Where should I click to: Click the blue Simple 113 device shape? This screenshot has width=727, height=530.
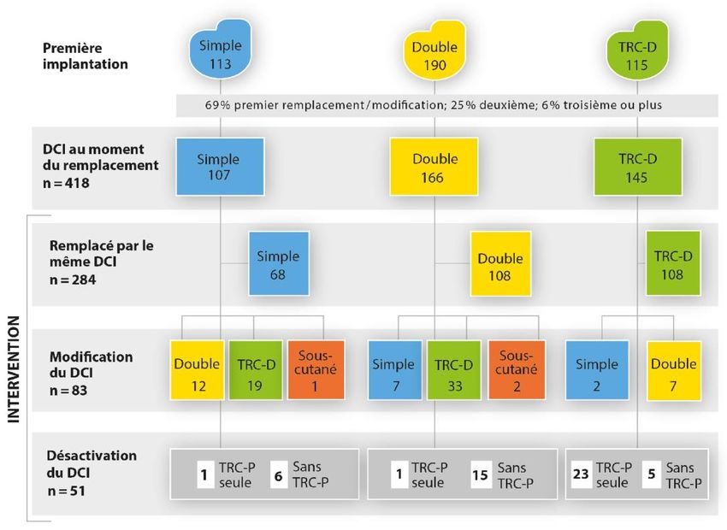[x=221, y=55]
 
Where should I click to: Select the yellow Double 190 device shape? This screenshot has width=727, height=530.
[x=434, y=55]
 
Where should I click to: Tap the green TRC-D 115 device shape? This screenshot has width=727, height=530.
[x=634, y=55]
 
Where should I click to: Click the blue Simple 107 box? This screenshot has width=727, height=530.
[x=218, y=167]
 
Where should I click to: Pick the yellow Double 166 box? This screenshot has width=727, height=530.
[x=434, y=167]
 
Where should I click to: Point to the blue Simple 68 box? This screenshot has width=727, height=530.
[x=278, y=265]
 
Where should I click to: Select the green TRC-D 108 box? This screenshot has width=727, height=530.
[x=673, y=265]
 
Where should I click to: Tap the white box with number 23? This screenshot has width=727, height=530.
[x=580, y=474]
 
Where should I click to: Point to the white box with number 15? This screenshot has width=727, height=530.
[x=480, y=474]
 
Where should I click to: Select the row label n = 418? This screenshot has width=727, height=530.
[x=68, y=181]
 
